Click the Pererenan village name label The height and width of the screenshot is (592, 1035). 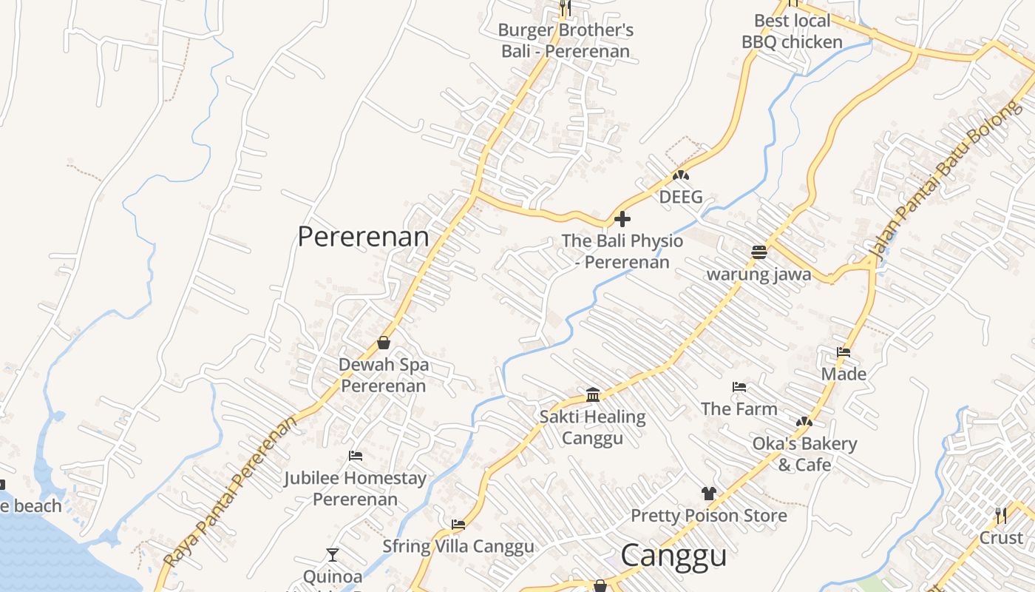coord(363,237)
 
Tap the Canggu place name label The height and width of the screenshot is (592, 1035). coord(673,556)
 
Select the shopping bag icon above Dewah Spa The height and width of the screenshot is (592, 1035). coord(384,343)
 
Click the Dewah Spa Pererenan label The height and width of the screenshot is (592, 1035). coord(383,375)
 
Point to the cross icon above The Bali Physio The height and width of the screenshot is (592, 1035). coord(622,219)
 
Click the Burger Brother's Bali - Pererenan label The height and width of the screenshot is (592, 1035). coord(566,41)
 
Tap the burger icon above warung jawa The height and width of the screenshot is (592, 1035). coord(759,252)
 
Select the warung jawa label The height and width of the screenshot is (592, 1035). coord(759,275)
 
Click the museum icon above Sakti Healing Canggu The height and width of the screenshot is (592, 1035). coord(592,395)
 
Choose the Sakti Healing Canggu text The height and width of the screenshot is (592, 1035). coord(592,427)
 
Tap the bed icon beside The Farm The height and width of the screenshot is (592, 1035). coord(739,387)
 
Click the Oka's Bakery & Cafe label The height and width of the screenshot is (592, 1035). coord(804,454)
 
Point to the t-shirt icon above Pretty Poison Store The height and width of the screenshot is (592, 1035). coord(709,494)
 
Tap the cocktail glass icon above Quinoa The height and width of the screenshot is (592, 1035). coord(333,554)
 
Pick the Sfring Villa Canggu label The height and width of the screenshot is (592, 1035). coord(458,547)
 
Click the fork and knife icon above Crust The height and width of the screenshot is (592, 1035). coord(1001,515)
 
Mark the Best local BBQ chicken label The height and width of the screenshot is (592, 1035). coord(792,31)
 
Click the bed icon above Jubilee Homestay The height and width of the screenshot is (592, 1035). coord(356,456)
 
